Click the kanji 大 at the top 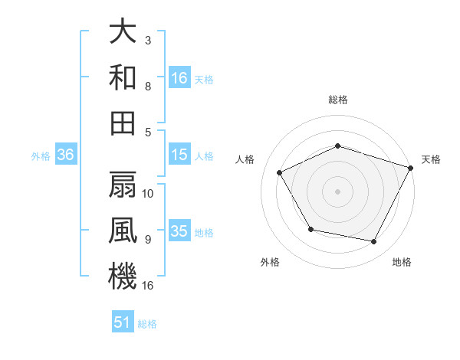pos(123,32)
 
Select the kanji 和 pos(123,77)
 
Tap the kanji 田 pos(123,123)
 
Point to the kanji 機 pos(123,275)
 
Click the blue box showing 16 pos(179,77)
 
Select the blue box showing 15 pos(179,155)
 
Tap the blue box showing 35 pos(179,231)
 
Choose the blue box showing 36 pos(66,155)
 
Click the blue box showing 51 pos(123,322)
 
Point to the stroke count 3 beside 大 pos(148,40)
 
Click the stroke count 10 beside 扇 pos(149,193)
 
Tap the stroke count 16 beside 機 pos(149,286)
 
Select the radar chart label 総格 pos(338,100)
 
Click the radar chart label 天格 pos(431,159)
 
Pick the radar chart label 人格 pos(245,159)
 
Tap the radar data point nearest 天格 pos(412,166)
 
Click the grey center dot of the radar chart pos(338,191)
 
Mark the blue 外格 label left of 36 pos(41,155)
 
